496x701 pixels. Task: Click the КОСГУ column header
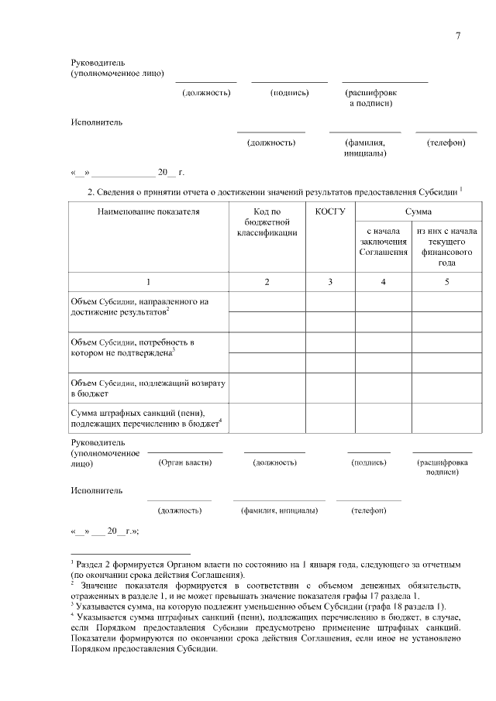coord(330,211)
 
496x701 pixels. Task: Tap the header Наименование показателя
coord(148,211)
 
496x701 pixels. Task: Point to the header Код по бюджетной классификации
coord(267,222)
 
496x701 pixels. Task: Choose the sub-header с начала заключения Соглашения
coord(383,242)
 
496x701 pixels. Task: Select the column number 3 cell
coord(330,282)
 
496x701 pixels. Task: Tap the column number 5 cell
coord(446,282)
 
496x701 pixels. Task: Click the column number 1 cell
coord(148,282)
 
